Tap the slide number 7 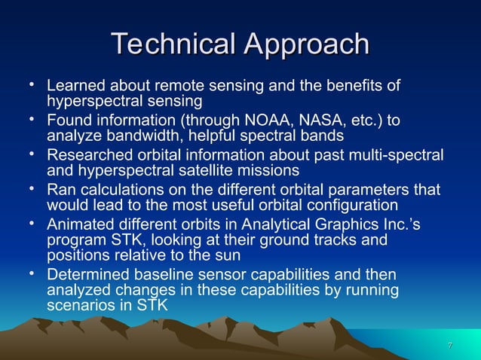point(449,346)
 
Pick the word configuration point(332,206)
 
